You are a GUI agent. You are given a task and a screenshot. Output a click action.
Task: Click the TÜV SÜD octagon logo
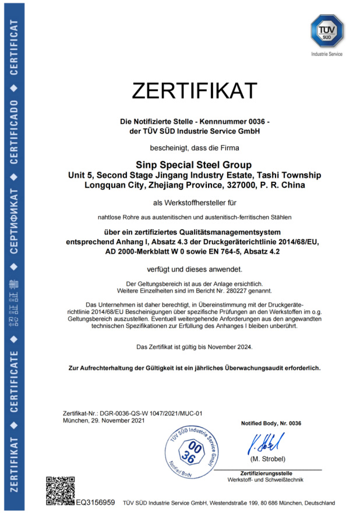click(x=327, y=32)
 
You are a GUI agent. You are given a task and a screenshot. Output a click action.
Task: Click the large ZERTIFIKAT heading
click(x=195, y=91)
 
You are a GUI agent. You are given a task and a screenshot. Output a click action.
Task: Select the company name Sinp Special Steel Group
click(x=194, y=166)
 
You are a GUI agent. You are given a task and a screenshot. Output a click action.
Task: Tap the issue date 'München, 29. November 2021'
click(x=104, y=420)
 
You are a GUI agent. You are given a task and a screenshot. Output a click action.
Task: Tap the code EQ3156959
click(x=96, y=502)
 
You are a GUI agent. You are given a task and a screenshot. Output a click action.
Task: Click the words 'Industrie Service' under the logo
click(x=327, y=54)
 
